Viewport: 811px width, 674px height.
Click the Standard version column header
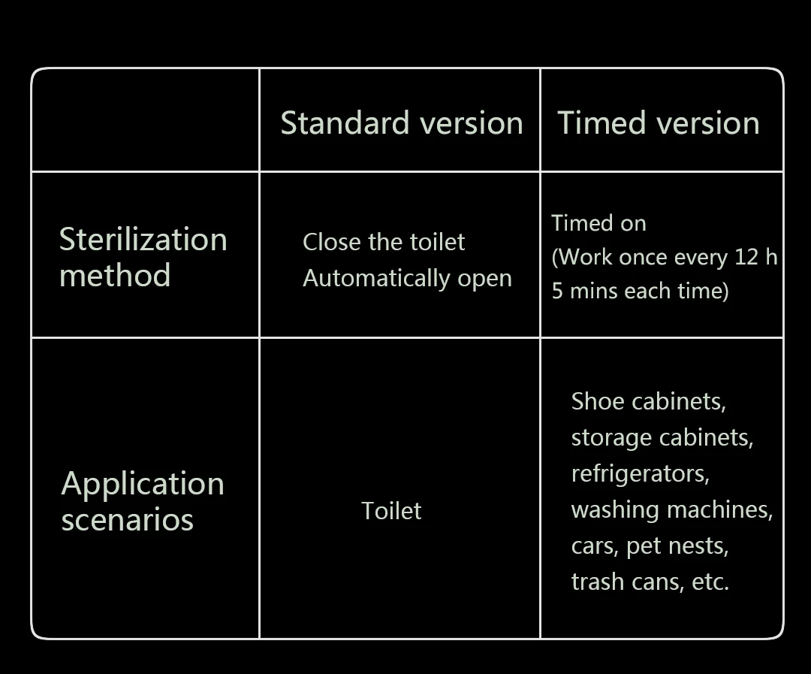(401, 123)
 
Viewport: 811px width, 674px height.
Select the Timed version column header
(658, 123)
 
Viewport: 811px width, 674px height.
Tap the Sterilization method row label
(143, 257)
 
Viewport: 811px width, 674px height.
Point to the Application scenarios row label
(142, 501)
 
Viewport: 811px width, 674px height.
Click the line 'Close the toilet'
(384, 242)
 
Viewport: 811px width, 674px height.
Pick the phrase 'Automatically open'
(407, 278)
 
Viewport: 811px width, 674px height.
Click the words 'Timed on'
(598, 223)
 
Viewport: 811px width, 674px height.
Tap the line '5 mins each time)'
(640, 291)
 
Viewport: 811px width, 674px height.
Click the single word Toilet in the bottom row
(391, 511)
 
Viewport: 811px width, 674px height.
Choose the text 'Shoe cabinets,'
(648, 401)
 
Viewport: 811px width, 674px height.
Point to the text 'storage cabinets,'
(662, 437)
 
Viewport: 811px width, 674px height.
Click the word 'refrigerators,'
(640, 473)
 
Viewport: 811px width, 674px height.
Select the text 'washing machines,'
(671, 509)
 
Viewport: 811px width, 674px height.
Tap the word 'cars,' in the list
(595, 546)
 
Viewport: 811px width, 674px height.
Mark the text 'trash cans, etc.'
(650, 582)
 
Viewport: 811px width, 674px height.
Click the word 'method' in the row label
(115, 276)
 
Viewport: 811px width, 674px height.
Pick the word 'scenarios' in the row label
(127, 520)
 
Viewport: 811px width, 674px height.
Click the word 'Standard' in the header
(345, 123)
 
